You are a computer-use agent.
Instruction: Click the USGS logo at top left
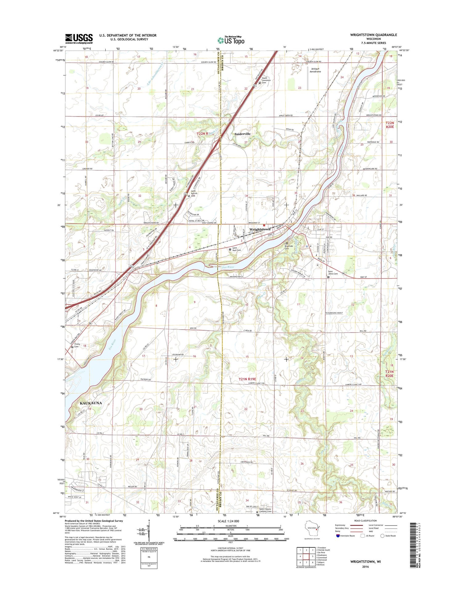tap(79, 38)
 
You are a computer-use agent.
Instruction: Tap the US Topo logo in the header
tap(231, 40)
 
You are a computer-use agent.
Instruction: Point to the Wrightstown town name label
tap(260, 229)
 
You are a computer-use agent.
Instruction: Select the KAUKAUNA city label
tap(91, 403)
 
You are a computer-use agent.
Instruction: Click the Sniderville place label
tap(242, 134)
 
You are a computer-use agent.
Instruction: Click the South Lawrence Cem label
tap(266, 81)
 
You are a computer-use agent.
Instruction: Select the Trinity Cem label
tap(77, 345)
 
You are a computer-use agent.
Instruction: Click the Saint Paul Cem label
tap(237, 249)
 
